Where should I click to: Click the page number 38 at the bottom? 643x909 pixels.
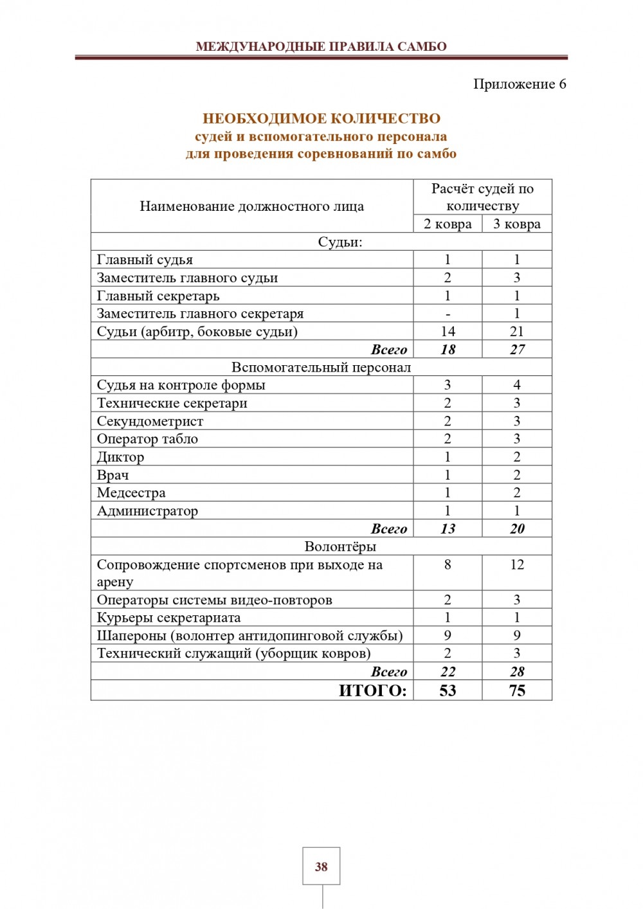coord(321,867)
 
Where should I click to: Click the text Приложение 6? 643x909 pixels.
coord(520,84)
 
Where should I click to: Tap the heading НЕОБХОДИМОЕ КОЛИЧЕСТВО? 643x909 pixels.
coord(321,118)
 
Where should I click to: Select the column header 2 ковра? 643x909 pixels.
coord(448,224)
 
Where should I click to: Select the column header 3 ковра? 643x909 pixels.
coord(517,224)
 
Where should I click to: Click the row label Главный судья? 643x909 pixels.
coord(145,260)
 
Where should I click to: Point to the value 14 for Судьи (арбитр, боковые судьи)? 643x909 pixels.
coord(448,332)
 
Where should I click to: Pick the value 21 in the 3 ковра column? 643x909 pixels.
coord(517,332)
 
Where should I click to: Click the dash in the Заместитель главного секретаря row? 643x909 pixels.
coord(448,314)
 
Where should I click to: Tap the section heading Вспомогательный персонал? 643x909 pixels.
coord(321,367)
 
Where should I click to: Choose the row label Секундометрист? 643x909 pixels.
coord(150,421)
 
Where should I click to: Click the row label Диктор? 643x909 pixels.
coord(120,457)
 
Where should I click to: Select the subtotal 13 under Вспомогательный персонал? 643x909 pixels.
coord(448,529)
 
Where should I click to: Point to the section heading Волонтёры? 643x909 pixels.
coord(340,546)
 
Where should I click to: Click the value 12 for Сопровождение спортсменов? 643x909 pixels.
coord(517,564)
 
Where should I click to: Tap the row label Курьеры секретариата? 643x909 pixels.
coord(168,618)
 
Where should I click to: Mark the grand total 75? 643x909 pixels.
coord(517,691)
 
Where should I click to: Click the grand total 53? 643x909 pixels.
coord(448,691)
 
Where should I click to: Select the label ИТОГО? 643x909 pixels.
coord(372,691)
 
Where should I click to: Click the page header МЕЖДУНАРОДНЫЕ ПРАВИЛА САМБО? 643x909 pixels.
coord(321,46)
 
